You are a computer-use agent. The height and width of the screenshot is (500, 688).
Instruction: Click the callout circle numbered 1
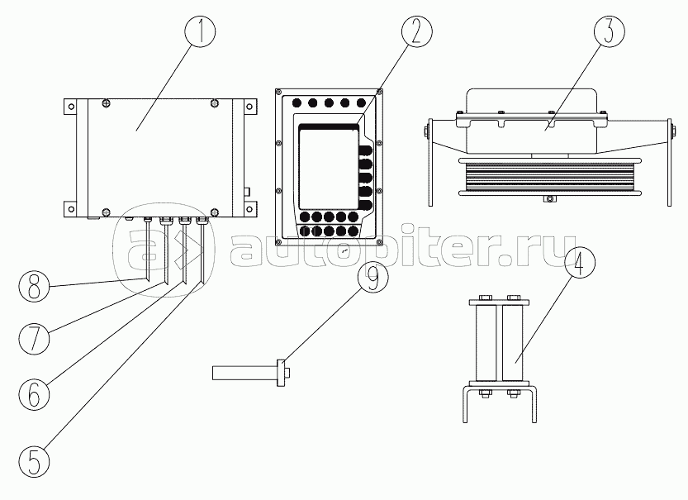pos(200,31)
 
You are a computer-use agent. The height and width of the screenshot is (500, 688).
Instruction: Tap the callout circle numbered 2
pos(416,31)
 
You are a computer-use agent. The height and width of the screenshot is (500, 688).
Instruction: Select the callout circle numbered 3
pos(610,31)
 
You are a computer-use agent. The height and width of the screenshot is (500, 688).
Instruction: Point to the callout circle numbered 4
pos(580,263)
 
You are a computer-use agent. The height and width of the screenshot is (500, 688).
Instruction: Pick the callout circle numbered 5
pos(34,462)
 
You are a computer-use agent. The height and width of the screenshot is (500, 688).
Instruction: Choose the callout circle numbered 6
pos(34,393)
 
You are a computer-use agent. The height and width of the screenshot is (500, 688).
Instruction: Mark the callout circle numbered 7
pos(34,339)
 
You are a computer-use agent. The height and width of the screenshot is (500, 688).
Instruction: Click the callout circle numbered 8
pos(34,286)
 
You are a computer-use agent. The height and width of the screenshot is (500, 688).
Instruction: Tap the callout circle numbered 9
pos(373,278)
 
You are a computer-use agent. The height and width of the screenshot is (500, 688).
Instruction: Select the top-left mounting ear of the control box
pos(70,107)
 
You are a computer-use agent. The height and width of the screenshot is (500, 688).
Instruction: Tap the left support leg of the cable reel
pos(430,163)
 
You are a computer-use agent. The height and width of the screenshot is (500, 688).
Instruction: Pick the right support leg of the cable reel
pos(669,163)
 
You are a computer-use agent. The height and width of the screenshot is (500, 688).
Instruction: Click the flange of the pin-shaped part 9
pos(280,373)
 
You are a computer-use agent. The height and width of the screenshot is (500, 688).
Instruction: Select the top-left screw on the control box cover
pos(106,102)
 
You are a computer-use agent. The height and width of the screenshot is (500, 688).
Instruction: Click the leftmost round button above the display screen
pos(297,103)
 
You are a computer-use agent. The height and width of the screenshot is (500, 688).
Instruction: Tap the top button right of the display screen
pos(365,151)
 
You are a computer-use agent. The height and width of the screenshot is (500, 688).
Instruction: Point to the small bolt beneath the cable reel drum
pos(548,199)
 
